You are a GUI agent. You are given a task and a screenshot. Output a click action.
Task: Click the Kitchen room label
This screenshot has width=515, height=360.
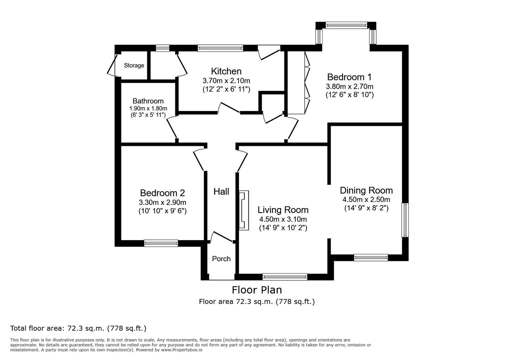pos(226,71)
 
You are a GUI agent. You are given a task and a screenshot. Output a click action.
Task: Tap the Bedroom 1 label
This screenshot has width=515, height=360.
pos(349,77)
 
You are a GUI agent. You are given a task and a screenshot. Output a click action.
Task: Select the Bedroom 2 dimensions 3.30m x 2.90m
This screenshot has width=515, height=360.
pos(162,203)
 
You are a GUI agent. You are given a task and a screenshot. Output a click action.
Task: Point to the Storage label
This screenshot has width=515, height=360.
pos(134,65)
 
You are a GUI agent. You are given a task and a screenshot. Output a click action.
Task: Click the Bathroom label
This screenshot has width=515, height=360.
pos(148,101)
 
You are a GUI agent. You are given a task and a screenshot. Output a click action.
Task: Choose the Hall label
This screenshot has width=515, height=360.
pos(221,192)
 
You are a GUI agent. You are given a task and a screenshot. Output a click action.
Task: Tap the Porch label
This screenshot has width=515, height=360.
pos(221,259)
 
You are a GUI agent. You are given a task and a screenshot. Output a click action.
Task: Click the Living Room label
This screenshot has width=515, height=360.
pos(283,210)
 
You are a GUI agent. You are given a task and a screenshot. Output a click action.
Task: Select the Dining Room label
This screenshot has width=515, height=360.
pos(366,190)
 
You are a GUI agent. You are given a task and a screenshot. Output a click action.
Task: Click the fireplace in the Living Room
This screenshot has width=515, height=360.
pos(244,210)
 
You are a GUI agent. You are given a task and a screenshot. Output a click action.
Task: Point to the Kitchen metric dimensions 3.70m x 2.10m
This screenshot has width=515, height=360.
pos(226,81)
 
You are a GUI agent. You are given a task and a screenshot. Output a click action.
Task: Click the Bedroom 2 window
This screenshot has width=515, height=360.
pos(161,243)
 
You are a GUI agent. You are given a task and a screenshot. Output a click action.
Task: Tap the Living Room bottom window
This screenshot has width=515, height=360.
pos(285,277)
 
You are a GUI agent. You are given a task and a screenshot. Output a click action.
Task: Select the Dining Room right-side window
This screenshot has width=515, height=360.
pos(405,220)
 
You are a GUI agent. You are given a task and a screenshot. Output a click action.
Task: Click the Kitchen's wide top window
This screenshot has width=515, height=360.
pos(220,48)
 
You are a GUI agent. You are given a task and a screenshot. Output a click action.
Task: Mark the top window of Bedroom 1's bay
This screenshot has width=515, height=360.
pos(346,25)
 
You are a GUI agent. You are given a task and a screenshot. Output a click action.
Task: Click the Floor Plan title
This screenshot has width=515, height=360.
pos(257,290)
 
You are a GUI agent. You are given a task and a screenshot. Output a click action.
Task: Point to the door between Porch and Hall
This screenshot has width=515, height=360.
pos(221,237)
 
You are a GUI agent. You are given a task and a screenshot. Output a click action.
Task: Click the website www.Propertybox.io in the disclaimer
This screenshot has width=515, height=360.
pos(182,350)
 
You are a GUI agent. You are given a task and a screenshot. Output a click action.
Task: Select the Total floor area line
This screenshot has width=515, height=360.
pos(78,328)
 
